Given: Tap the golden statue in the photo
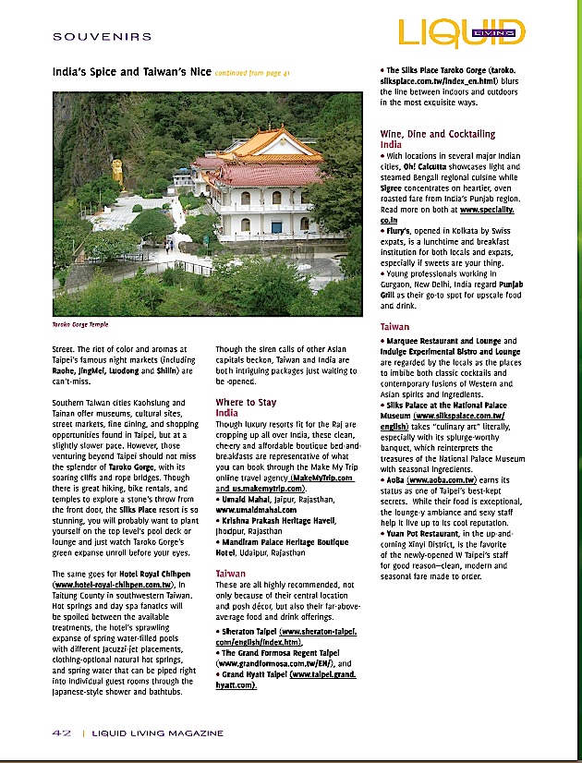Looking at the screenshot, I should tap(117, 172).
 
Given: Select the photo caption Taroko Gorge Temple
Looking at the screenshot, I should tap(80, 325).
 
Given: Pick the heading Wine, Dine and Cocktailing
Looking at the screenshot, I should tap(437, 134).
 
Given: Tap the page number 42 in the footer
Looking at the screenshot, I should tap(61, 733).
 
